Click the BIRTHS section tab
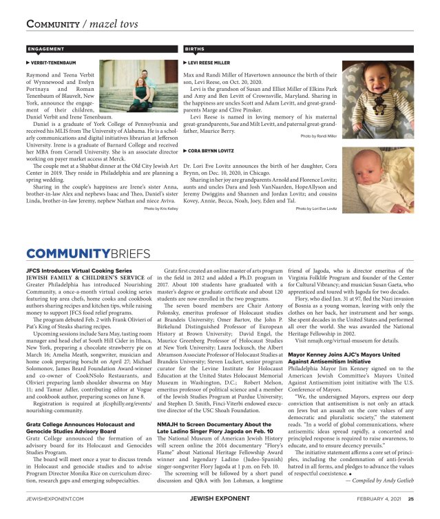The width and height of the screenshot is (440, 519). [x=195, y=50]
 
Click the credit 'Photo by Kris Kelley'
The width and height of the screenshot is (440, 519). [x=161, y=227]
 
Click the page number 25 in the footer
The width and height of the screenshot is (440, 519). [x=410, y=499]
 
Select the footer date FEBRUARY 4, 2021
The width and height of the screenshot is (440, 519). [x=378, y=499]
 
